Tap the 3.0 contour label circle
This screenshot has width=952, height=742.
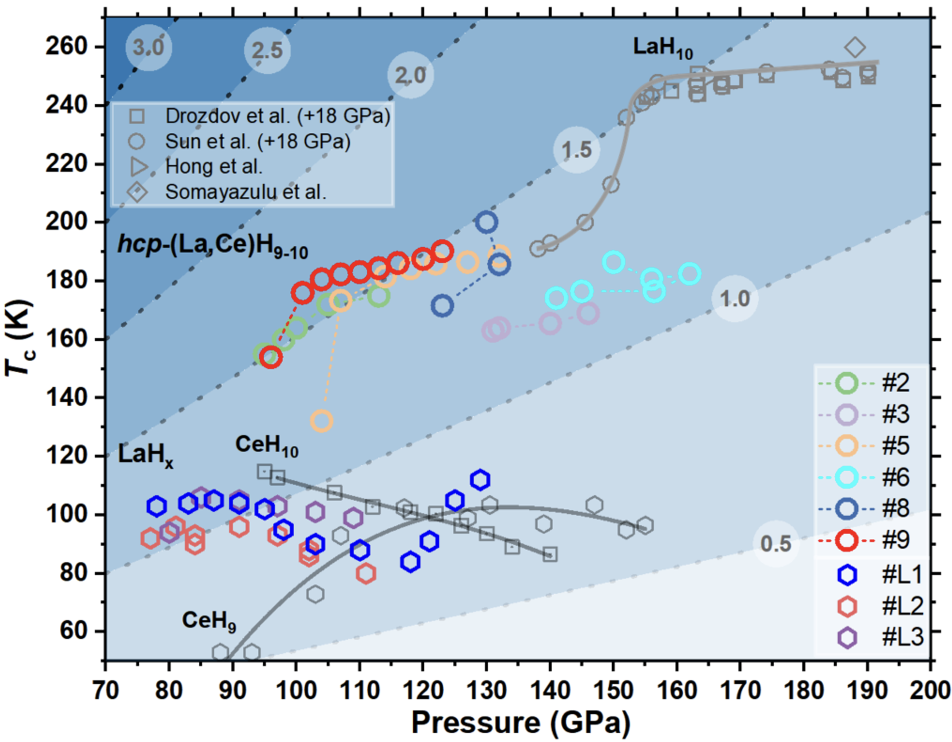pos(149,48)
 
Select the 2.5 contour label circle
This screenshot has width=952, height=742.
pos(267,51)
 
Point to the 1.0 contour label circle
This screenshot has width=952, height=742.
pos(735,299)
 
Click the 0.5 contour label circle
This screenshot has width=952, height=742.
pos(776,544)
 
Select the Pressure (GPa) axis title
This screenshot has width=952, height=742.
pos(520,722)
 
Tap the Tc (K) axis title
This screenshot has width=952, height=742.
pos(20,338)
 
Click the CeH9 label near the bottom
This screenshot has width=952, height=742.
pos(209,621)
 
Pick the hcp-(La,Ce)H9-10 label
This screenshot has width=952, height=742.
pos(213,245)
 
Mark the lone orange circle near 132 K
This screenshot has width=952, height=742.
pos(322,421)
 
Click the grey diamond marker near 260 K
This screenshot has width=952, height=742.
pos(855,48)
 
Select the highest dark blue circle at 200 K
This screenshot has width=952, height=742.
pos(486,222)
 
